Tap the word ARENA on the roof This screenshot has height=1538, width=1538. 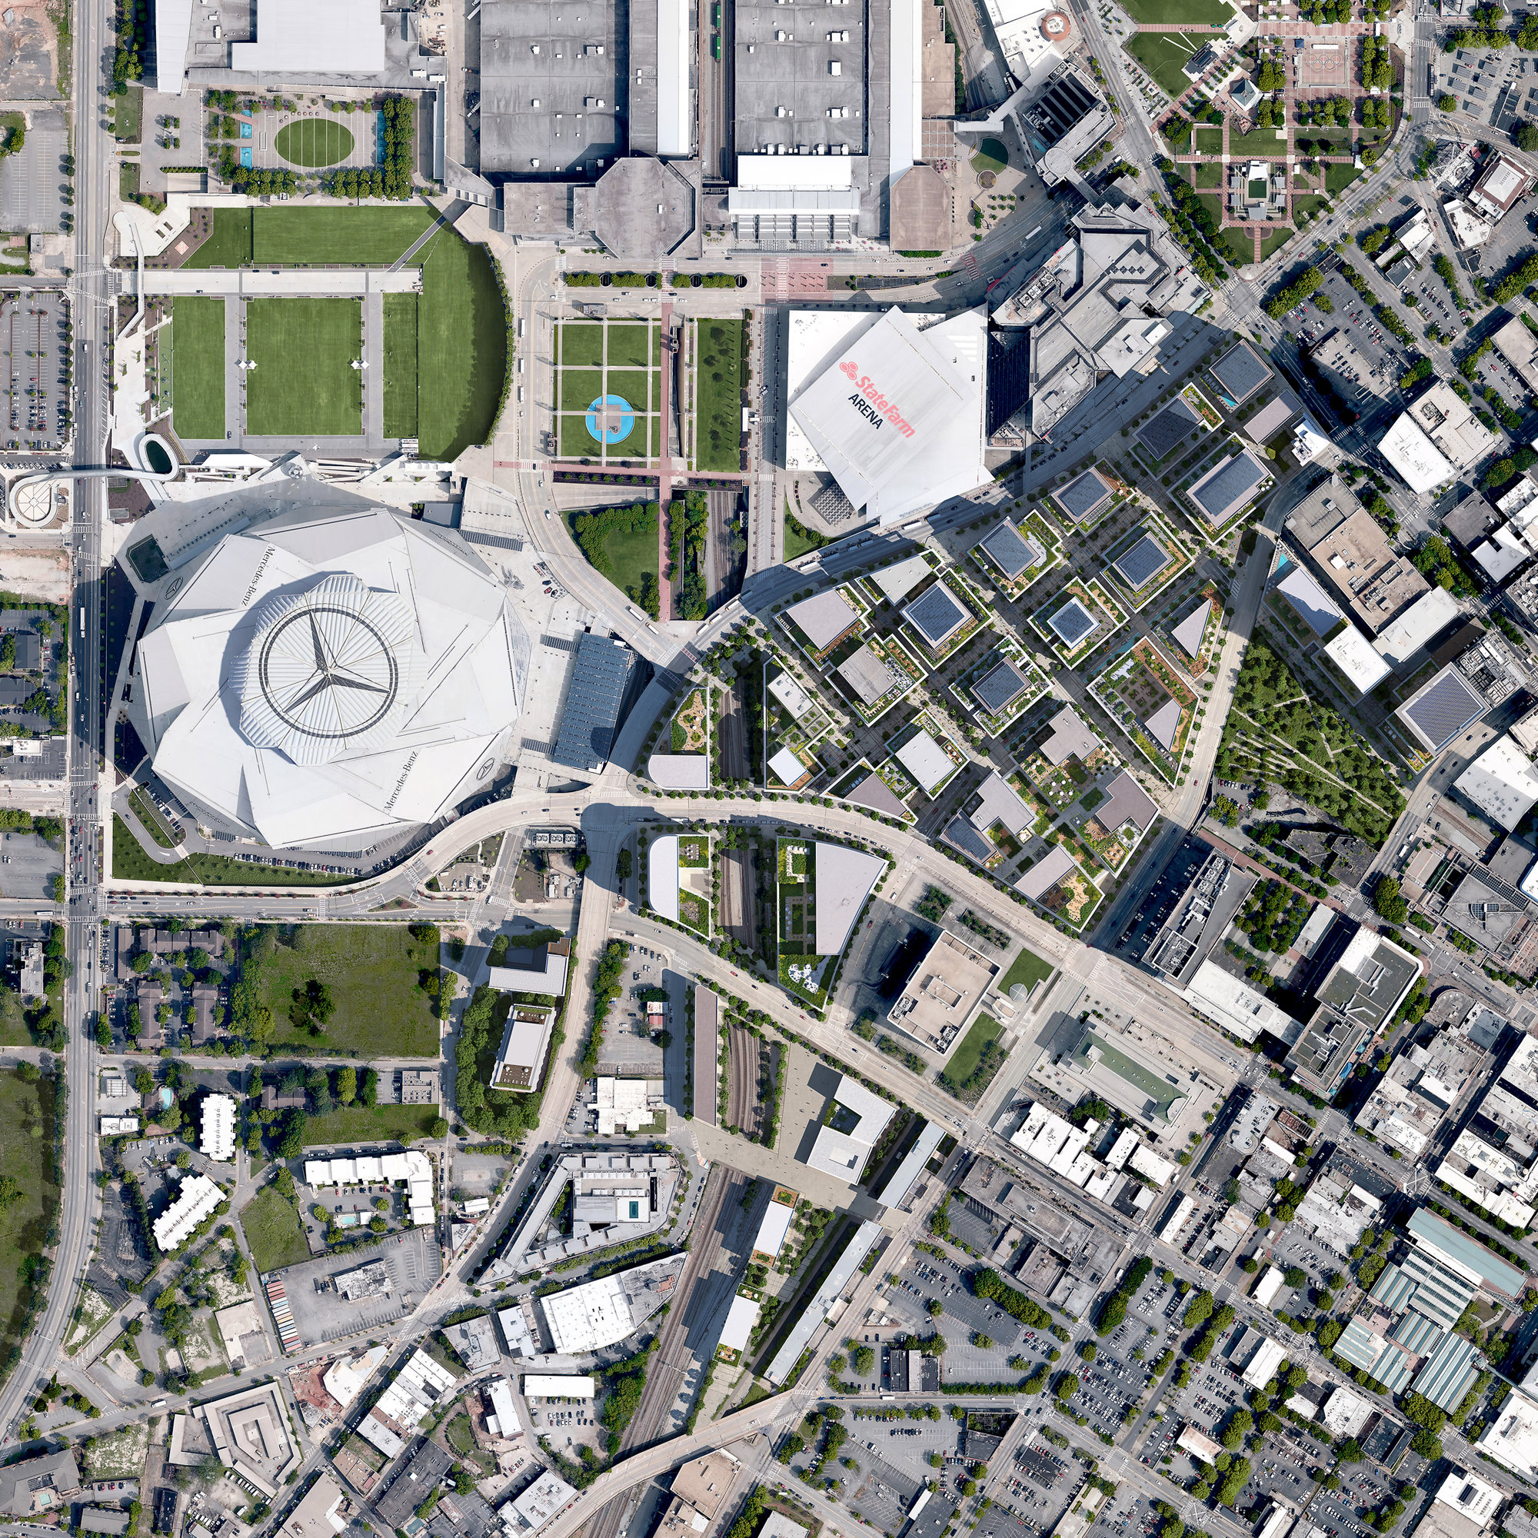coord(865,411)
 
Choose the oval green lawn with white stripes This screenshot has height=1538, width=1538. coord(315,141)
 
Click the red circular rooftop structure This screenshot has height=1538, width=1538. coord(1056,24)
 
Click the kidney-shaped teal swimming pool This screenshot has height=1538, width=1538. coord(165,1097)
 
